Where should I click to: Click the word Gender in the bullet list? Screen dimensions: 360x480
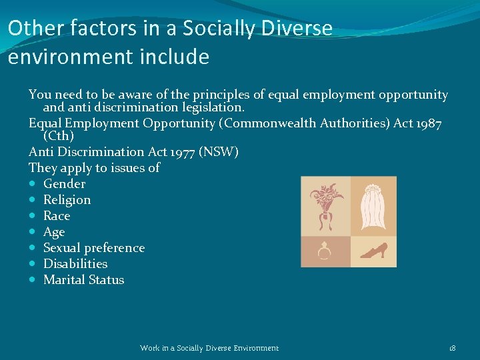click(64, 184)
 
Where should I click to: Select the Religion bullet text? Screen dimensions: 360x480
click(67, 200)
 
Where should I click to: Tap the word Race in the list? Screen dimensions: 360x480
click(57, 216)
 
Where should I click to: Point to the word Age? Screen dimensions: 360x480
click(54, 232)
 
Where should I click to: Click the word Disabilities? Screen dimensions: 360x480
click(75, 264)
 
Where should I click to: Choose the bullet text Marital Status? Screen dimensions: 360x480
click(83, 280)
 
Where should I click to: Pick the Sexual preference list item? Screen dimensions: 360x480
click(93, 248)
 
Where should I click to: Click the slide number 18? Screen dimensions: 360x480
click(452, 348)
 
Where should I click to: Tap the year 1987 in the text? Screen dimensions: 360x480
click(424, 123)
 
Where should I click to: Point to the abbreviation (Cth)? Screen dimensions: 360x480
click(59, 137)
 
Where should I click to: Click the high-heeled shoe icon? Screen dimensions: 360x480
click(372, 252)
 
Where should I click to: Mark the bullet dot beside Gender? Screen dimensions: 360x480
click(33, 184)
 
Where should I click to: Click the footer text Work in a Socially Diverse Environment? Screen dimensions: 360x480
click(209, 348)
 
